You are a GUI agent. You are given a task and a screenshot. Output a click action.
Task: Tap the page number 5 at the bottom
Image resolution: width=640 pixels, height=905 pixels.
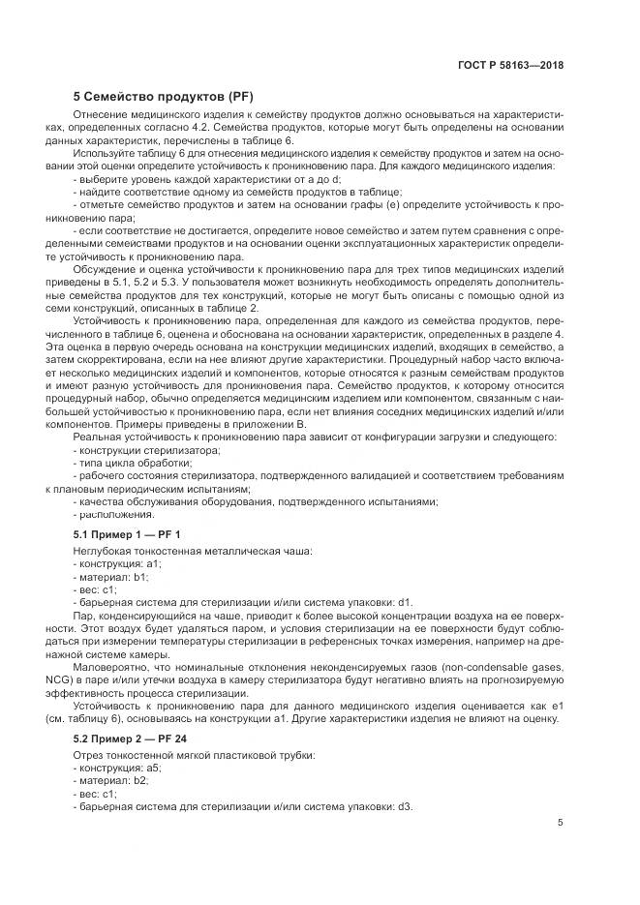(x=561, y=824)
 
